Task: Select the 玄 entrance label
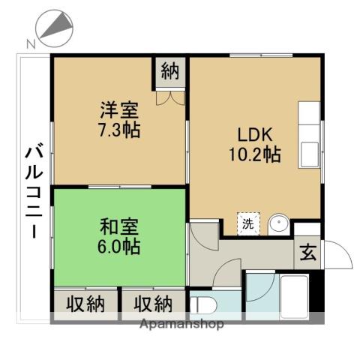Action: (308, 252)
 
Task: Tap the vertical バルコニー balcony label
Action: (34, 191)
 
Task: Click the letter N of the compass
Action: (30, 43)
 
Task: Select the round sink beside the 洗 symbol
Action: (278, 223)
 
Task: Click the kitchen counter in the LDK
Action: (309, 135)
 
